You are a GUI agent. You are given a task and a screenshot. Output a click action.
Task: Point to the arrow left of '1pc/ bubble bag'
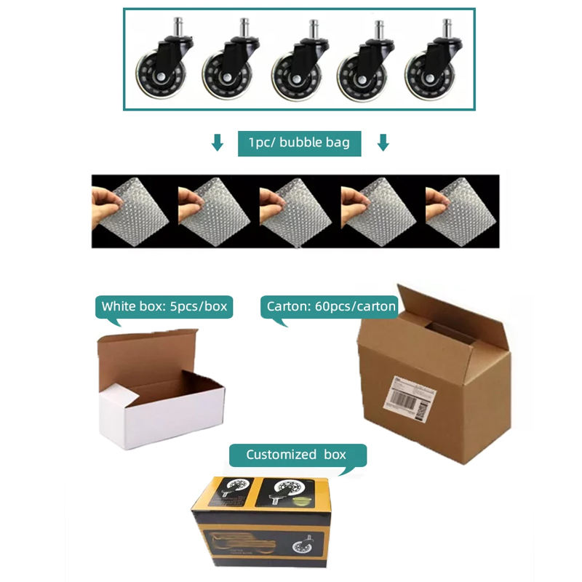pyautogui.click(x=217, y=143)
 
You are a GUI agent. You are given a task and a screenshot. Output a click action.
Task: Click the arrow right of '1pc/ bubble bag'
pyautogui.click(x=383, y=143)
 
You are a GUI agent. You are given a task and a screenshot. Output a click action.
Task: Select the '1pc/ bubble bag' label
pyautogui.click(x=300, y=143)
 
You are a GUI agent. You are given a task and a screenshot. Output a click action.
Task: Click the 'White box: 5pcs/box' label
pyautogui.click(x=164, y=306)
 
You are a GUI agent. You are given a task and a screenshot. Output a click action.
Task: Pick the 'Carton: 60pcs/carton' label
pyautogui.click(x=331, y=306)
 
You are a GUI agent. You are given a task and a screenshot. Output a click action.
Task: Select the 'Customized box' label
pyautogui.click(x=296, y=455)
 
